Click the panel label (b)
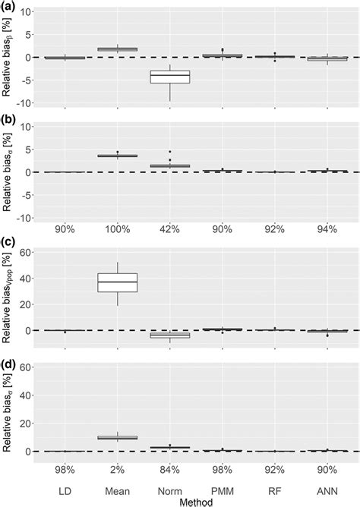pyautogui.click(x=8, y=119)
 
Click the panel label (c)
pyautogui.click(x=8, y=241)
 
